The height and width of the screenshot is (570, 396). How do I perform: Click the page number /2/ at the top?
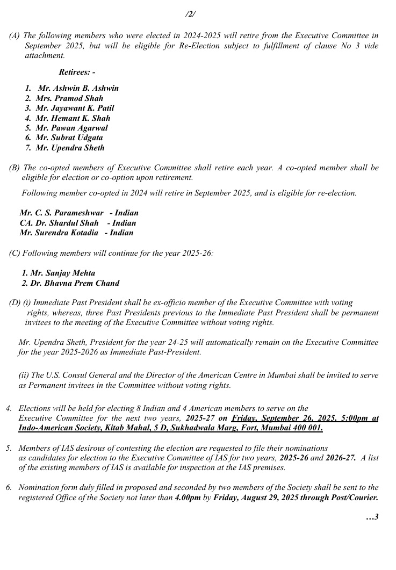pos(190,14)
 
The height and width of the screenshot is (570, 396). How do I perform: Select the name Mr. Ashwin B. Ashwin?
pos(78,88)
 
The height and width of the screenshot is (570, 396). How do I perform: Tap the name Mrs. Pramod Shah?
pos(69,98)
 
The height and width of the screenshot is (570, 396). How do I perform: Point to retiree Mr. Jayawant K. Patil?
pos(75,108)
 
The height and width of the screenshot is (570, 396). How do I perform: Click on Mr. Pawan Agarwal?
pos(71,128)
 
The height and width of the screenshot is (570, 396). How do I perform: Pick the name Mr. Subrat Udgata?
pos(69,138)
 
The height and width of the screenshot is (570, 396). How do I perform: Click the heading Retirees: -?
pos(77,72)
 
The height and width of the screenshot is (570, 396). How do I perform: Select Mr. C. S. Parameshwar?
pos(61,213)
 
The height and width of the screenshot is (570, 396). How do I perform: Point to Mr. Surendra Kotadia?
pos(59,233)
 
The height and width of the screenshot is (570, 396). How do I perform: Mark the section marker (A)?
pos(15,35)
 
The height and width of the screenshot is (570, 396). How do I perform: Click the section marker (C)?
pos(15,252)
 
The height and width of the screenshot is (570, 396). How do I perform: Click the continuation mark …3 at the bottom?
pos(372,517)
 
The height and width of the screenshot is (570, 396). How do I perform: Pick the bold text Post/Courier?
pos(356,497)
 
